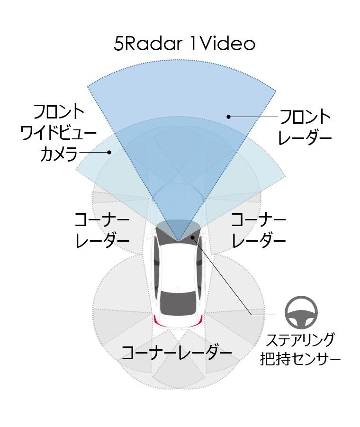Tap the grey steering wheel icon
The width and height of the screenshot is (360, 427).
tap(301, 312)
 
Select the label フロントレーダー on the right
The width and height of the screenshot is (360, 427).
tap(305, 127)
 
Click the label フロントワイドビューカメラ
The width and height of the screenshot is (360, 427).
tap(59, 133)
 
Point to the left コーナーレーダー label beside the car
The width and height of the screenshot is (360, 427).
tap(102, 230)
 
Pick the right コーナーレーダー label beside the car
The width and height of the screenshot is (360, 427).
tap(258, 230)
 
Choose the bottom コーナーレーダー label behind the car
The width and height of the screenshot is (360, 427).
tap(176, 353)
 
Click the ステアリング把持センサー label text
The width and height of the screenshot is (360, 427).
tap(300, 349)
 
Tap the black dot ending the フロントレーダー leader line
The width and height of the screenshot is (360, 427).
tap(229, 117)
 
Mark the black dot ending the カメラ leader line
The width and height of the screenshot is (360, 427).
tap(109, 153)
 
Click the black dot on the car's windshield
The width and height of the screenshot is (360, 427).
tap(193, 237)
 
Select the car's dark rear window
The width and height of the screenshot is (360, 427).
tap(178, 302)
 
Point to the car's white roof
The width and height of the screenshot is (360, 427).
tap(178, 267)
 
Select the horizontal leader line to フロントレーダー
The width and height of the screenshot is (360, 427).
tap(253, 117)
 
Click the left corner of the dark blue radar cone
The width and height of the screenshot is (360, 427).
tap(88, 87)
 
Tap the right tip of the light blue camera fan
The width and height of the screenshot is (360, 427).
tap(286, 177)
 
